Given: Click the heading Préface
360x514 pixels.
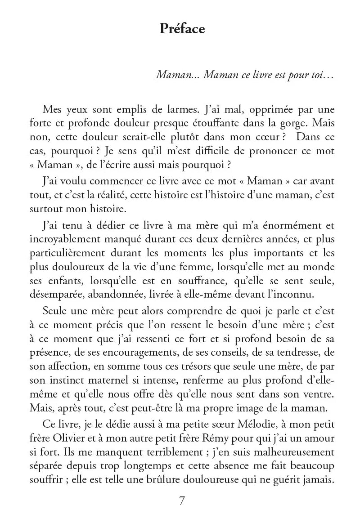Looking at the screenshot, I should pos(182,29).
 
